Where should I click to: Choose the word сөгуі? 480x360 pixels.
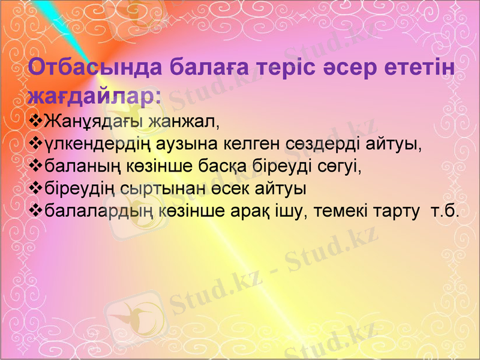tap(340, 166)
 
